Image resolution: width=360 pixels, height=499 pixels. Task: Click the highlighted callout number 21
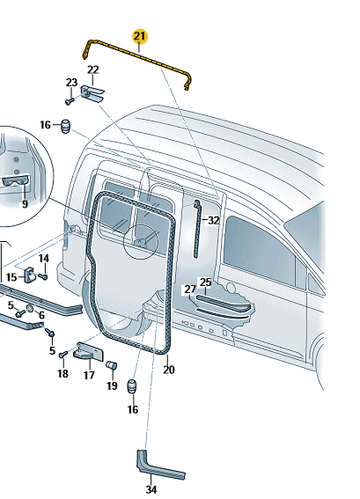click(x=140, y=36)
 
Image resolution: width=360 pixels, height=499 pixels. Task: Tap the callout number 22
click(x=93, y=70)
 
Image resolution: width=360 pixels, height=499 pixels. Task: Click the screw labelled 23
click(x=70, y=101)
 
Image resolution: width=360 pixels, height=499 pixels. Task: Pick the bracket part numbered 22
click(x=92, y=93)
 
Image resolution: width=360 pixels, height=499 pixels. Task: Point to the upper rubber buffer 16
click(x=65, y=127)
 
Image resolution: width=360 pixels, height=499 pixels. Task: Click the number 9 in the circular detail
click(x=25, y=204)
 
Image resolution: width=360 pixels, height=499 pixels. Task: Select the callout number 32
click(x=214, y=220)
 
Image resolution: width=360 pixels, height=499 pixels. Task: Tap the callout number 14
click(x=44, y=258)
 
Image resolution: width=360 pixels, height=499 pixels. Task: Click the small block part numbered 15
click(x=30, y=274)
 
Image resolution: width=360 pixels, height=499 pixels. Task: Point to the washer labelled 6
click(x=30, y=308)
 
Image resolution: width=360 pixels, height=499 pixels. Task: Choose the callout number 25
click(x=206, y=282)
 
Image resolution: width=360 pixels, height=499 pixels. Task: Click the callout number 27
click(x=190, y=290)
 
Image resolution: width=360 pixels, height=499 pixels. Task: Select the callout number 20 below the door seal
click(x=169, y=370)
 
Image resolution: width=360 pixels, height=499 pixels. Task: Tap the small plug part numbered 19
click(x=112, y=364)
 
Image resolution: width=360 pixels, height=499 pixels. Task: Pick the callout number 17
click(x=89, y=375)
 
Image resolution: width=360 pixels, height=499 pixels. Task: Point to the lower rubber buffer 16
click(x=133, y=386)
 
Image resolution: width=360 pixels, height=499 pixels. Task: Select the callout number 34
click(x=151, y=489)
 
